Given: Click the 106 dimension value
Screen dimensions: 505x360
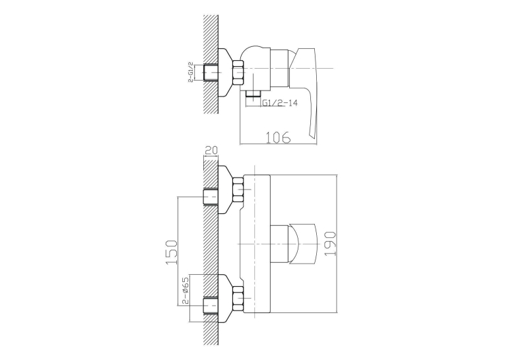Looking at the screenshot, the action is tap(278, 137).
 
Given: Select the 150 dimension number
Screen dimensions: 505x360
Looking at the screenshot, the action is tap(172, 252).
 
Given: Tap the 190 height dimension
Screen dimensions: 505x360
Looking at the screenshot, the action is tap(331, 244).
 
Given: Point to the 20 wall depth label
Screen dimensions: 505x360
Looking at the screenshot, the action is tap(211, 151).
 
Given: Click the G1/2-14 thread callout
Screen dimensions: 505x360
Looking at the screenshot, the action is tap(280, 103).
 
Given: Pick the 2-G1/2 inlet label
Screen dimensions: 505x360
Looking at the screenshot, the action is tap(191, 71).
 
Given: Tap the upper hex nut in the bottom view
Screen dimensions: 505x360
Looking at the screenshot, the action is tap(238, 190).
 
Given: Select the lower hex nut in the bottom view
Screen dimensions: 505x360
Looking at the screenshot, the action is tap(238, 299).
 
